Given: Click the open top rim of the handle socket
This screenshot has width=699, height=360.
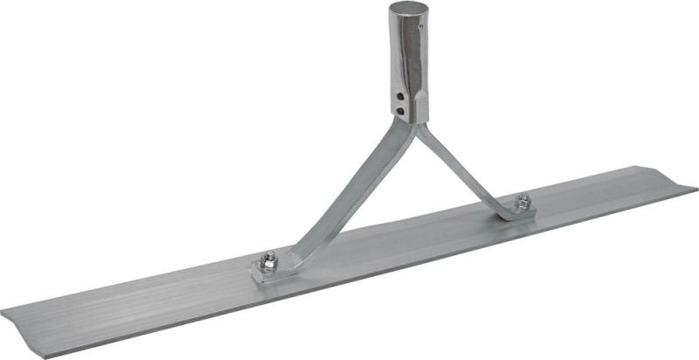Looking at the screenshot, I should (405, 7).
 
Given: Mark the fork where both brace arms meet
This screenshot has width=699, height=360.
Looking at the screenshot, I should (408, 128).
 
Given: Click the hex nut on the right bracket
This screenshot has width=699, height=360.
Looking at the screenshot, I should (522, 201).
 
